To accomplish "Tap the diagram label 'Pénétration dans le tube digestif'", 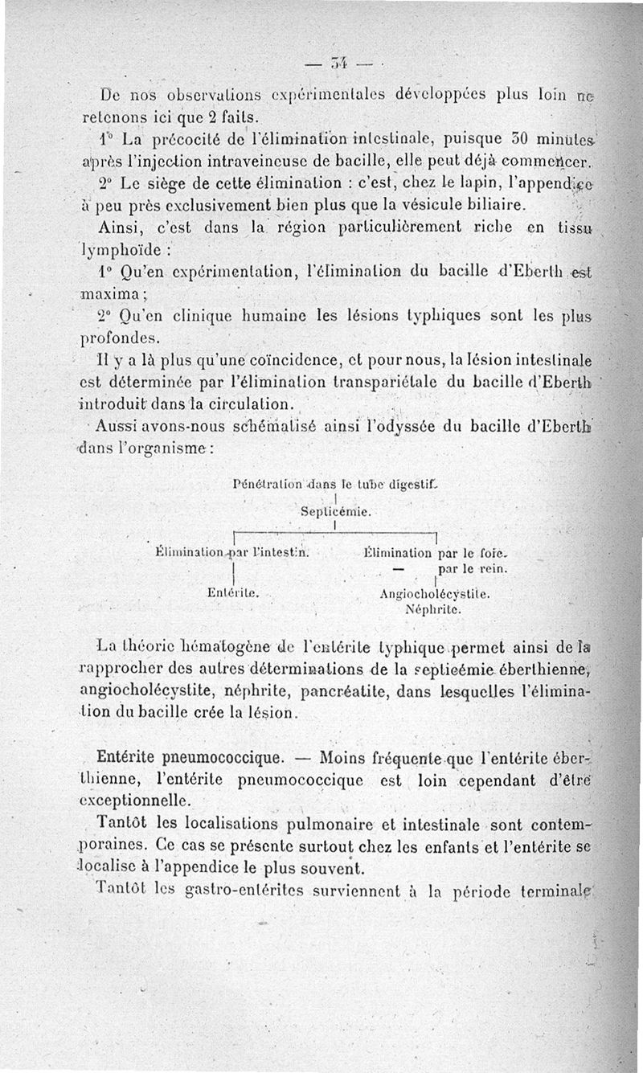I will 331,485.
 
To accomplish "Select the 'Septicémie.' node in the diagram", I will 335,510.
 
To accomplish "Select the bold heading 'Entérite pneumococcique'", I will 190,757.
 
